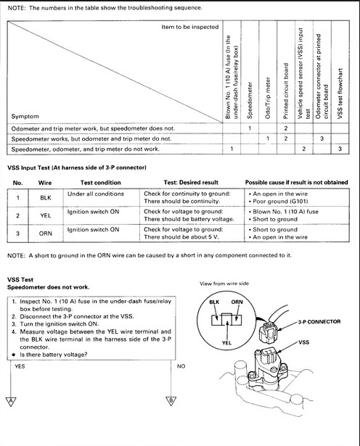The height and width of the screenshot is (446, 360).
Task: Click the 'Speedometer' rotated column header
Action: [x=250, y=100]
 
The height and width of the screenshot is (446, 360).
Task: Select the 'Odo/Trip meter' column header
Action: [x=268, y=98]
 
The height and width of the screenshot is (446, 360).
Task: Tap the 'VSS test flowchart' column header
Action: [x=340, y=94]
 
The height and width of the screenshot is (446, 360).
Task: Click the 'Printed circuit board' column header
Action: [x=286, y=91]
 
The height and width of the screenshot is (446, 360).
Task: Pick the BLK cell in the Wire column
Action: [x=46, y=198]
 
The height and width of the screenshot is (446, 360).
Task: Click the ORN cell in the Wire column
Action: [x=46, y=234]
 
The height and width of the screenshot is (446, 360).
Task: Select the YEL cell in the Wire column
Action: [x=46, y=215]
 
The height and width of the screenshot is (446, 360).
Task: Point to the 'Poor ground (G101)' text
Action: [x=280, y=202]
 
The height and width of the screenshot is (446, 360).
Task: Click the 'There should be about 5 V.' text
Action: [x=181, y=237]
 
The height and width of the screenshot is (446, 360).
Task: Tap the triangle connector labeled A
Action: [x=11, y=401]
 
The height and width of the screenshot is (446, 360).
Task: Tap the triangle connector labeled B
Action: [x=171, y=401]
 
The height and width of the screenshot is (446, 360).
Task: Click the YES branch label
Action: [x=20, y=366]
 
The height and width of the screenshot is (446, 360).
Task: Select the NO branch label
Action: [x=181, y=366]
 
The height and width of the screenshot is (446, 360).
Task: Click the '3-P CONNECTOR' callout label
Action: [x=319, y=322]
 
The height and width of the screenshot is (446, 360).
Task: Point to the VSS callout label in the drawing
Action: [x=303, y=342]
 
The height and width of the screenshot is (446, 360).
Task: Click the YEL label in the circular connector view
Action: [x=226, y=343]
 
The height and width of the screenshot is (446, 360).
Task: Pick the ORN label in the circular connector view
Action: [x=237, y=302]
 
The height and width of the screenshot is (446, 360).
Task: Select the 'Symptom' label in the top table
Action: [x=25, y=116]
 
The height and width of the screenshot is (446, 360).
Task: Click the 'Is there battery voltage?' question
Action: [x=54, y=355]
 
